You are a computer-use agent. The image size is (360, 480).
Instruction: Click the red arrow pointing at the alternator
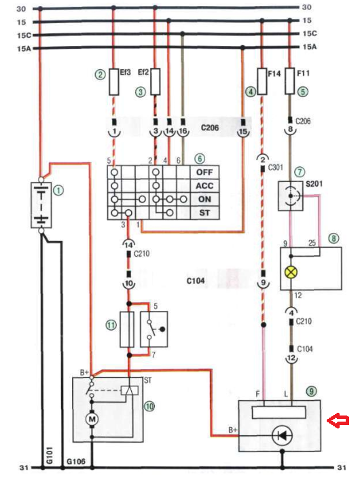coord(338,420)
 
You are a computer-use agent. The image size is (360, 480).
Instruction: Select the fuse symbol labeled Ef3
coord(114,81)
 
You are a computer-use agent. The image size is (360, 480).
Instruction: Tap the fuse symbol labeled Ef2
coord(156,81)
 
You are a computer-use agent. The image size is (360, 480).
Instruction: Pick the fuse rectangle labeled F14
coord(262,81)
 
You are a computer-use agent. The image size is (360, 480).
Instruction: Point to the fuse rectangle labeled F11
coord(290,81)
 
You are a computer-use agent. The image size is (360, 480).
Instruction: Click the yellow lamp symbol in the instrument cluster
coord(291,272)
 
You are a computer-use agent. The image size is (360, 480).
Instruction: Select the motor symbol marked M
coord(92,418)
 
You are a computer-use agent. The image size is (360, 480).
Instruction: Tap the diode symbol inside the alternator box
coord(282,435)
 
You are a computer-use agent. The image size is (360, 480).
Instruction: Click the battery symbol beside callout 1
coord(41,205)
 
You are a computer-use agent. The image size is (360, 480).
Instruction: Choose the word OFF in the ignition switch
coord(204,172)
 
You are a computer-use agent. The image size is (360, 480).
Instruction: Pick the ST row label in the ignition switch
coord(204,213)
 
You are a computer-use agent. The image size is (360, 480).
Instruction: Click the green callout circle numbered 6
coord(200,159)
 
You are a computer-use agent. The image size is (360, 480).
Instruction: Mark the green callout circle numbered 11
coord(111,325)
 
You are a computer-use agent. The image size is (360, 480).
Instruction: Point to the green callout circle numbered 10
coord(149,406)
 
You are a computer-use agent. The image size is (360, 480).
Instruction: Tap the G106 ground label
coord(75,461)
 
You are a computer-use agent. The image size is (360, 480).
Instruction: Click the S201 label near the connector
coord(314,184)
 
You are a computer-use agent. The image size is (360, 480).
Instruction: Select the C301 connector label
coord(276,168)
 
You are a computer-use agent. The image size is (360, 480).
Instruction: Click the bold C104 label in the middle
coord(196,280)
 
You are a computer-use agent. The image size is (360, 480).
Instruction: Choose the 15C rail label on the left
coord(24,35)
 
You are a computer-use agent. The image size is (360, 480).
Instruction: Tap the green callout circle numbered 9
coord(312,391)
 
